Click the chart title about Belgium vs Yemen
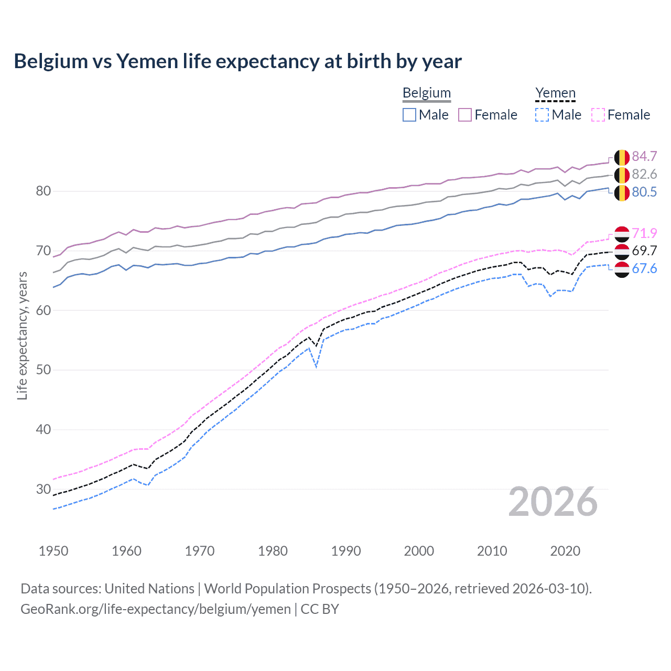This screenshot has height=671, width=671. [237, 61]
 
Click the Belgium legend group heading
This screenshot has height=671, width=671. [426, 93]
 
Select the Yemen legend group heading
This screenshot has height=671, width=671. [555, 93]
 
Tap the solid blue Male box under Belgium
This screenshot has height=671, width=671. [409, 115]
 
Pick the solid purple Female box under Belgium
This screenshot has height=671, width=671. [465, 115]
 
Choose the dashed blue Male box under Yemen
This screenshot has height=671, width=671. [542, 115]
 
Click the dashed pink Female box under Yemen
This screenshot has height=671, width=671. [598, 115]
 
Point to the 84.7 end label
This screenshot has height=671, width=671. [644, 156]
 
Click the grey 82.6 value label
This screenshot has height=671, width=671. [644, 174]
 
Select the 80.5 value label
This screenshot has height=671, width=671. [644, 192]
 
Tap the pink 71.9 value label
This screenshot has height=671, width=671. [644, 233]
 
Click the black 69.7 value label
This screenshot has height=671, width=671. [644, 251]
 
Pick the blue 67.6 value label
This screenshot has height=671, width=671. [644, 268]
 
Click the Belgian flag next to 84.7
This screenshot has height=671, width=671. [622, 157]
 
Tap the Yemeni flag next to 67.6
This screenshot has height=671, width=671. [622, 269]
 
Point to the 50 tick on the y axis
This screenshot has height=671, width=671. [44, 370]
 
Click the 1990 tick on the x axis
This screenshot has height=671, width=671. [346, 551]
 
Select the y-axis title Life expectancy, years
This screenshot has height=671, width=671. [22, 335]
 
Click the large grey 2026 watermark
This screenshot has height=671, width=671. [553, 502]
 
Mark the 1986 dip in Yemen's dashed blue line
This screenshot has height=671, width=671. [316, 366]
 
